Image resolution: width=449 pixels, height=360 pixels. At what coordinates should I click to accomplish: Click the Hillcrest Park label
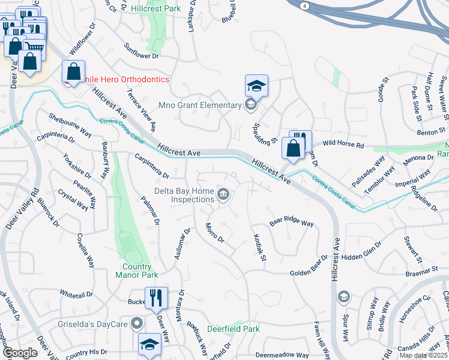click(156, 10)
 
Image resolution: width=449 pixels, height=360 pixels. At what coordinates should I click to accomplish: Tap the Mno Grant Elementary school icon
click(250, 106)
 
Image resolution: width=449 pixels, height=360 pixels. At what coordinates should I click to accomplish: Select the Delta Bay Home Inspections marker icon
click(223, 194)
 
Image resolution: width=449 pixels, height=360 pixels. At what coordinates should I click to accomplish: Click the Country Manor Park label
click(137, 271)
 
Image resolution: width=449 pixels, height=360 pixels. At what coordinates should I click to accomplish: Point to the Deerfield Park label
click(234, 329)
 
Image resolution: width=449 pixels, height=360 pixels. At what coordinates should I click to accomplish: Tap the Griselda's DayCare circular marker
click(137, 323)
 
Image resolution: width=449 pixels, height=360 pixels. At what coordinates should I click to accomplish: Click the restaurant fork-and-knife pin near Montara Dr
click(155, 297)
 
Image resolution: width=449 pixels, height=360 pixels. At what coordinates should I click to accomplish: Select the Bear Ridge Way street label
click(292, 223)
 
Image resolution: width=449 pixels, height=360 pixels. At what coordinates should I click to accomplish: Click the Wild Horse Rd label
click(343, 145)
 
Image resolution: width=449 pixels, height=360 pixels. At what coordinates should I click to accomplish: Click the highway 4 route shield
click(305, 5)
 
